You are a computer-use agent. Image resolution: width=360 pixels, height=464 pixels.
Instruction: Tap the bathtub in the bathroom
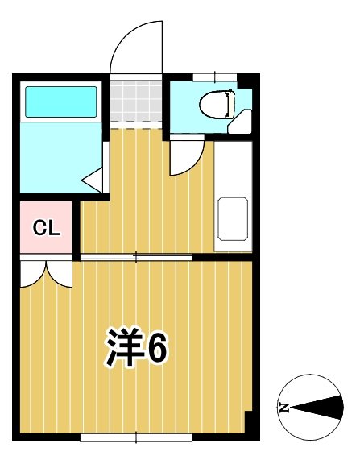pyautogui.click(x=61, y=101)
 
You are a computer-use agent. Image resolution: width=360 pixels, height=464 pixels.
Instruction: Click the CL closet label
pyautogui.click(x=46, y=228)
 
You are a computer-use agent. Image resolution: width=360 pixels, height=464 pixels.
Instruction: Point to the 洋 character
pyautogui.click(x=123, y=348)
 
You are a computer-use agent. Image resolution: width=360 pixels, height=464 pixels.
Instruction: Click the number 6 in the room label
pyautogui.click(x=156, y=348)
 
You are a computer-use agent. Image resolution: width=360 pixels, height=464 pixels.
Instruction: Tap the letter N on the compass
pyautogui.click(x=284, y=408)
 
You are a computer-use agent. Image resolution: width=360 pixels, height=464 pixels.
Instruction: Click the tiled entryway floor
pyautogui.click(x=135, y=100)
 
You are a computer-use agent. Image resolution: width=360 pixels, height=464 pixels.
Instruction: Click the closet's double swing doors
pyautogui.click(x=46, y=272)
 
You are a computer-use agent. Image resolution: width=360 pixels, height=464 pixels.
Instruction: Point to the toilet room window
pyautogui.click(x=214, y=77)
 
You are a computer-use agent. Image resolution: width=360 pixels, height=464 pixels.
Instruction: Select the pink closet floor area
pyautogui.click(x=46, y=242)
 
